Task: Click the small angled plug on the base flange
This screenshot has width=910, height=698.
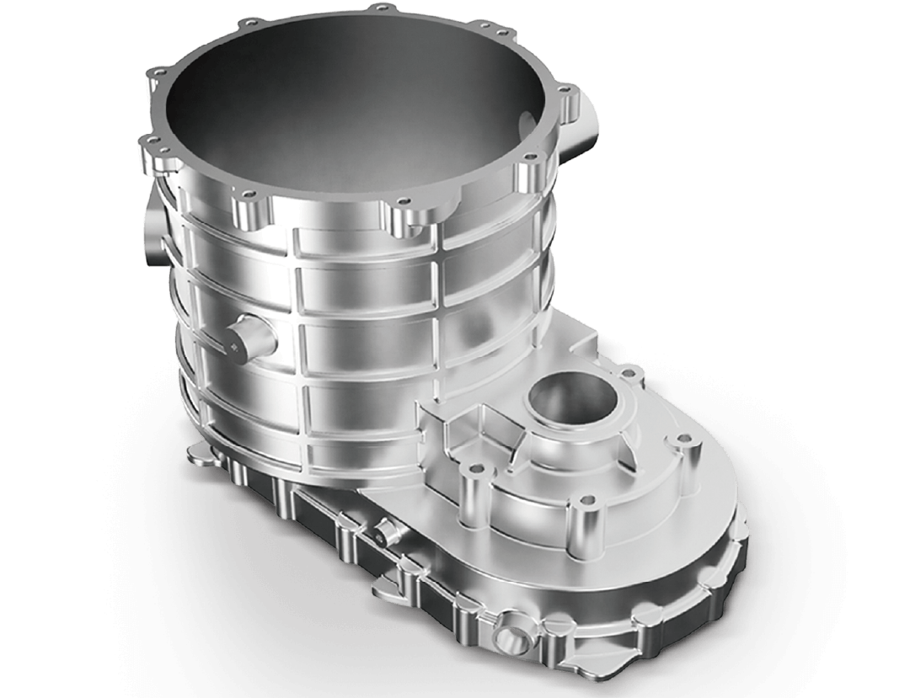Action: (385, 531)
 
